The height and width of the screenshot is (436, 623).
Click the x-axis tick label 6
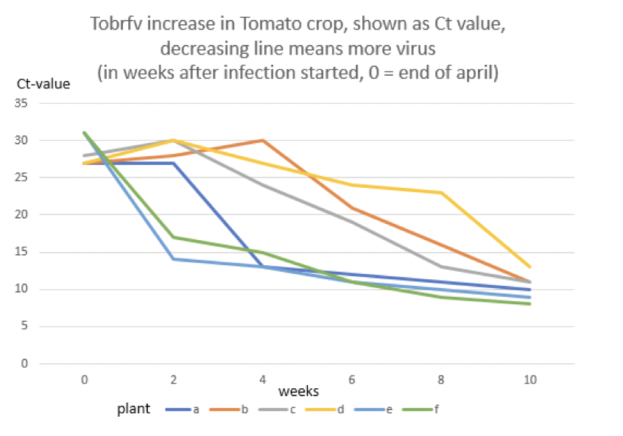(351, 379)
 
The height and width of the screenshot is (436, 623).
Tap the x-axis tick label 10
(529, 379)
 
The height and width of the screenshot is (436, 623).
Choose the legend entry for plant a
(183, 409)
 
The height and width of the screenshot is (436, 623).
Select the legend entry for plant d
(328, 409)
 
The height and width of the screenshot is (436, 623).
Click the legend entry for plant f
(423, 409)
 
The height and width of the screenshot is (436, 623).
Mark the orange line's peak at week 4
(262, 140)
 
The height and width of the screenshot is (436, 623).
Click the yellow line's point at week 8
(440, 192)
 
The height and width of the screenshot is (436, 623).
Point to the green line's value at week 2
(173, 237)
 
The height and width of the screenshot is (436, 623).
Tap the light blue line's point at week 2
(173, 259)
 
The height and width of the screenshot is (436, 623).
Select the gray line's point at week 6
(351, 222)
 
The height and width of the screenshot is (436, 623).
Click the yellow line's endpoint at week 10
(529, 267)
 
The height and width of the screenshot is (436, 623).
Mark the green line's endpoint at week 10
(529, 303)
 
